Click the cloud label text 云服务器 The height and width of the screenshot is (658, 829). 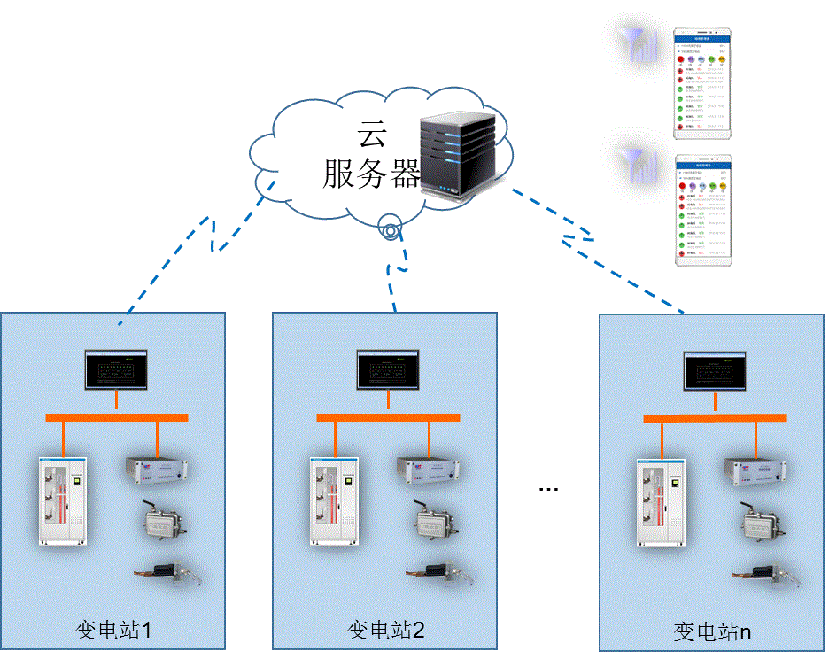coord(371,156)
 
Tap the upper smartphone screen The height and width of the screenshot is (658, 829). coord(704,83)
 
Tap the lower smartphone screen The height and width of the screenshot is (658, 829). coord(704,211)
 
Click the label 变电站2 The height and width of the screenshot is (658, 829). coord(385,631)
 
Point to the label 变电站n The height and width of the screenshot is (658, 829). coord(713,632)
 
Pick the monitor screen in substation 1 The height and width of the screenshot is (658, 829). coord(115,369)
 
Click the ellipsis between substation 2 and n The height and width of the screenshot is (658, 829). coord(549,488)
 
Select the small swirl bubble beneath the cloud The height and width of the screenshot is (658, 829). coord(391,226)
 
